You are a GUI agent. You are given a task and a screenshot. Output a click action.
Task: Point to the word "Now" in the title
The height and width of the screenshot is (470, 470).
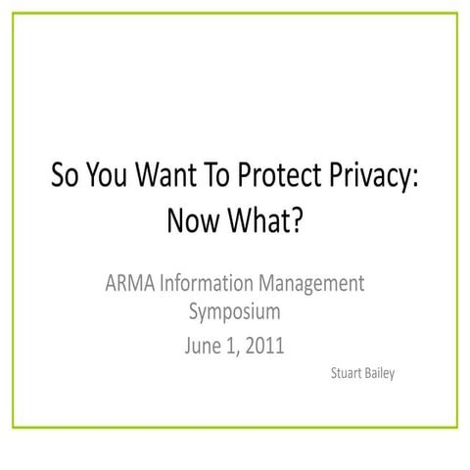(x=194, y=221)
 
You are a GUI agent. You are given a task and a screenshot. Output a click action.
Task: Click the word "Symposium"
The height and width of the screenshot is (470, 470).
(x=234, y=312)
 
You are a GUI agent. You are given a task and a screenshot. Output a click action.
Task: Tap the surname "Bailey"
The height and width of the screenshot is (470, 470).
(x=381, y=374)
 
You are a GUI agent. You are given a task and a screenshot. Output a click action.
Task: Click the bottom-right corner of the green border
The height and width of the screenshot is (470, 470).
(x=457, y=427)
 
